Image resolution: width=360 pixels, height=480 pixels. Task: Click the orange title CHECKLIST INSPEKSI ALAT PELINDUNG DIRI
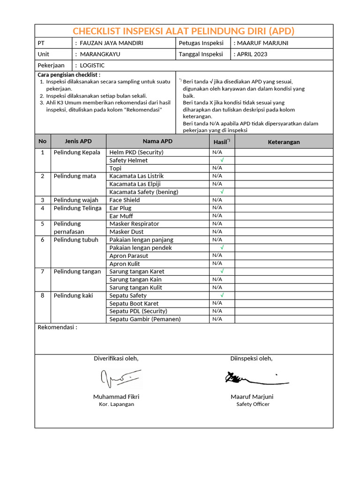[184, 31]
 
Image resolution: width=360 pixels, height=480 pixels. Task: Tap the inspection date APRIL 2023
[252, 54]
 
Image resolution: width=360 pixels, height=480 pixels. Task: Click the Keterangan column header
[284, 142]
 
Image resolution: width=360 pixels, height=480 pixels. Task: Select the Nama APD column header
[157, 142]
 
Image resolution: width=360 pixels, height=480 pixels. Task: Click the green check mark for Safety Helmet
[222, 160]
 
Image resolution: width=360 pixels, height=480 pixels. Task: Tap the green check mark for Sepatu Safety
[222, 295]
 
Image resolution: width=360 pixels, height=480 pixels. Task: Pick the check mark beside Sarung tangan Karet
[222, 271]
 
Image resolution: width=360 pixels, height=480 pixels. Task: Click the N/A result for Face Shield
[217, 200]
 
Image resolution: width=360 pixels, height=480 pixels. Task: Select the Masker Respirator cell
[134, 224]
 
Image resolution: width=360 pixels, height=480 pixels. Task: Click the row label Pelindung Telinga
[77, 208]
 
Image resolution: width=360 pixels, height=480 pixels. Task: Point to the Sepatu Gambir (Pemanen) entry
[145, 319]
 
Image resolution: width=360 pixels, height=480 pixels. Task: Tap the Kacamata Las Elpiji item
[135, 184]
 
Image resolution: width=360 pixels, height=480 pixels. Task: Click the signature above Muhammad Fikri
[120, 377]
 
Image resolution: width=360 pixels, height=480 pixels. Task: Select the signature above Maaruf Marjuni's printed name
[255, 378]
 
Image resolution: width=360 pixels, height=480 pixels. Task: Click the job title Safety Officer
[253, 404]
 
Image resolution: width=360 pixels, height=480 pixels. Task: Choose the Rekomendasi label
[57, 328]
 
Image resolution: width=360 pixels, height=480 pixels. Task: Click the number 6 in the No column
[43, 240]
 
